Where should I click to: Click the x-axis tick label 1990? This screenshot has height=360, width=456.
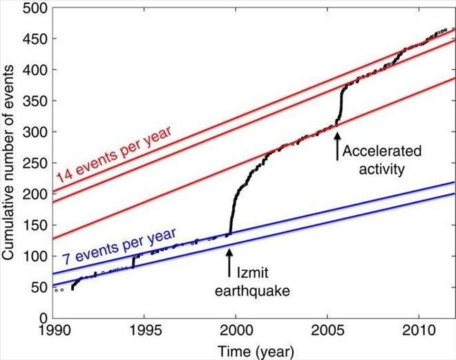point(53,331)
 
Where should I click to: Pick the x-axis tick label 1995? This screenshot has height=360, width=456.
point(144,331)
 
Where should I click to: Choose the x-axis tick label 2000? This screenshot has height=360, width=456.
point(236,331)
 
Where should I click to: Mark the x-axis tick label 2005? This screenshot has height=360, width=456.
point(328,331)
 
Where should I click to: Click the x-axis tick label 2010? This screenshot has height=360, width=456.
point(419,331)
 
